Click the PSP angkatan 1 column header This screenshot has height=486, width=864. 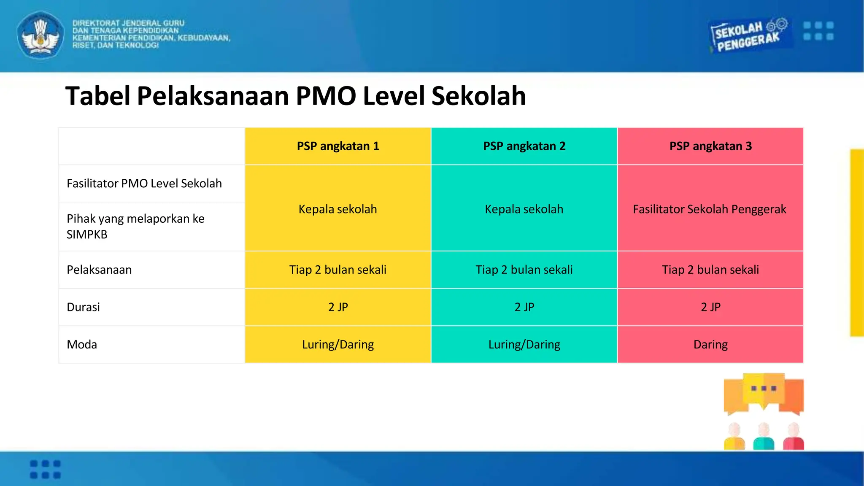(x=338, y=146)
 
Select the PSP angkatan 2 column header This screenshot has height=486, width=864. (x=524, y=146)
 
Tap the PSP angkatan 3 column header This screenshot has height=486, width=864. (x=710, y=146)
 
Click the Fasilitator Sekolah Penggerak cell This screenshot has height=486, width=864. (x=710, y=209)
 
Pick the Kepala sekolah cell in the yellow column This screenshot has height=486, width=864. (x=337, y=209)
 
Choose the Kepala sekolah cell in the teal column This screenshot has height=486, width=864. (x=524, y=209)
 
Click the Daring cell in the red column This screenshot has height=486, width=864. (x=710, y=345)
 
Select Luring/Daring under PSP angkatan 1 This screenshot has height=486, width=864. (x=338, y=345)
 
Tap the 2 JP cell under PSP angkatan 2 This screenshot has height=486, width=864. (x=524, y=307)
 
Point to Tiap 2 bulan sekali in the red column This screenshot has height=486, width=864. (x=710, y=270)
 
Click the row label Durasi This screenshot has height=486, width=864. (x=84, y=307)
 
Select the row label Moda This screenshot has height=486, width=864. (x=82, y=345)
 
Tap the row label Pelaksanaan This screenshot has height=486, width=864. (x=99, y=270)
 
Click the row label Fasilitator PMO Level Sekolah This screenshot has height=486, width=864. (x=144, y=184)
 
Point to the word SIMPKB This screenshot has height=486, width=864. (x=87, y=235)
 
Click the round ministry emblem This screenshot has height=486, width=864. (x=40, y=35)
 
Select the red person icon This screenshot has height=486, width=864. (x=793, y=437)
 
